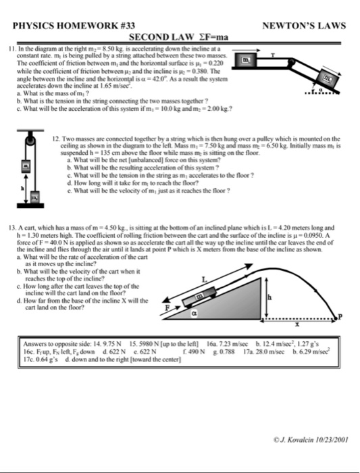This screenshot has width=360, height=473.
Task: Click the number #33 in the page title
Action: pyautogui.click(x=123, y=26)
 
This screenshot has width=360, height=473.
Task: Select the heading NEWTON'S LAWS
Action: pyautogui.click(x=305, y=26)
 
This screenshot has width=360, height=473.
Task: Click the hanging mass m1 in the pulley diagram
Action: pyautogui.click(x=27, y=164)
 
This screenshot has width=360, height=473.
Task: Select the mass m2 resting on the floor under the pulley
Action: pyautogui.click(x=32, y=196)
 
